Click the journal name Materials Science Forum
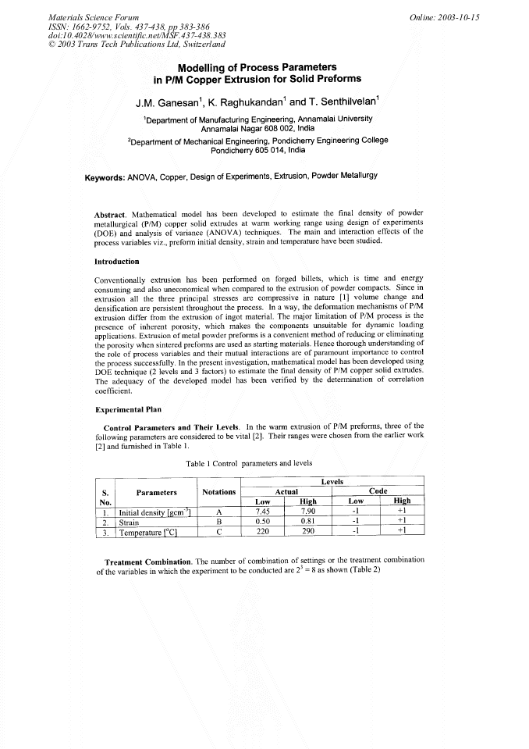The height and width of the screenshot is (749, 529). (x=94, y=16)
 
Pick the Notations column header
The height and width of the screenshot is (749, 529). (x=218, y=492)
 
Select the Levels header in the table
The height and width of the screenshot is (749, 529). (x=332, y=482)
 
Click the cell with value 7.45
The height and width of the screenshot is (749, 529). (x=267, y=512)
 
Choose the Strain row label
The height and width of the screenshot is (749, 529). (x=129, y=523)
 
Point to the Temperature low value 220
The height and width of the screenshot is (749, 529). (x=267, y=533)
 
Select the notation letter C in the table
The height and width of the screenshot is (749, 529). (x=218, y=533)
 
